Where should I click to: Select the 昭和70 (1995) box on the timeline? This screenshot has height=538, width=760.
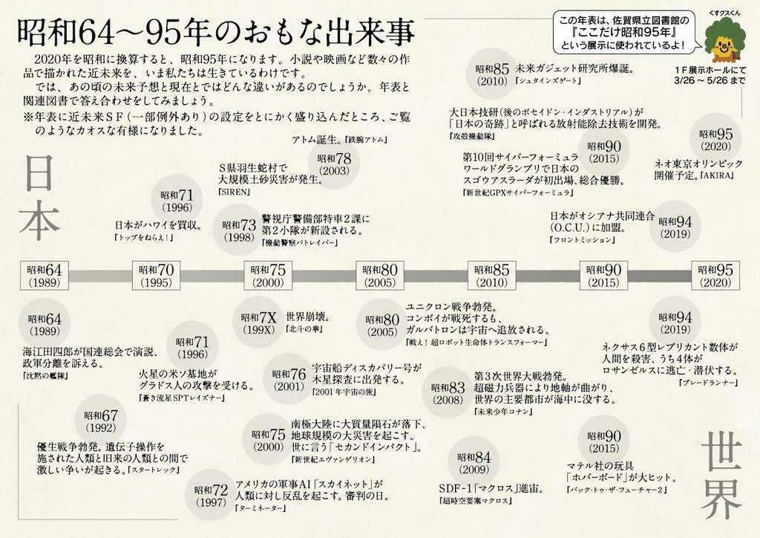click(154, 276)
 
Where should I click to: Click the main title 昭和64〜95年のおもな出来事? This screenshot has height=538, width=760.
click(215, 33)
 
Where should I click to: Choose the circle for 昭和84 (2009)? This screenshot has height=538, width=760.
click(474, 464)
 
